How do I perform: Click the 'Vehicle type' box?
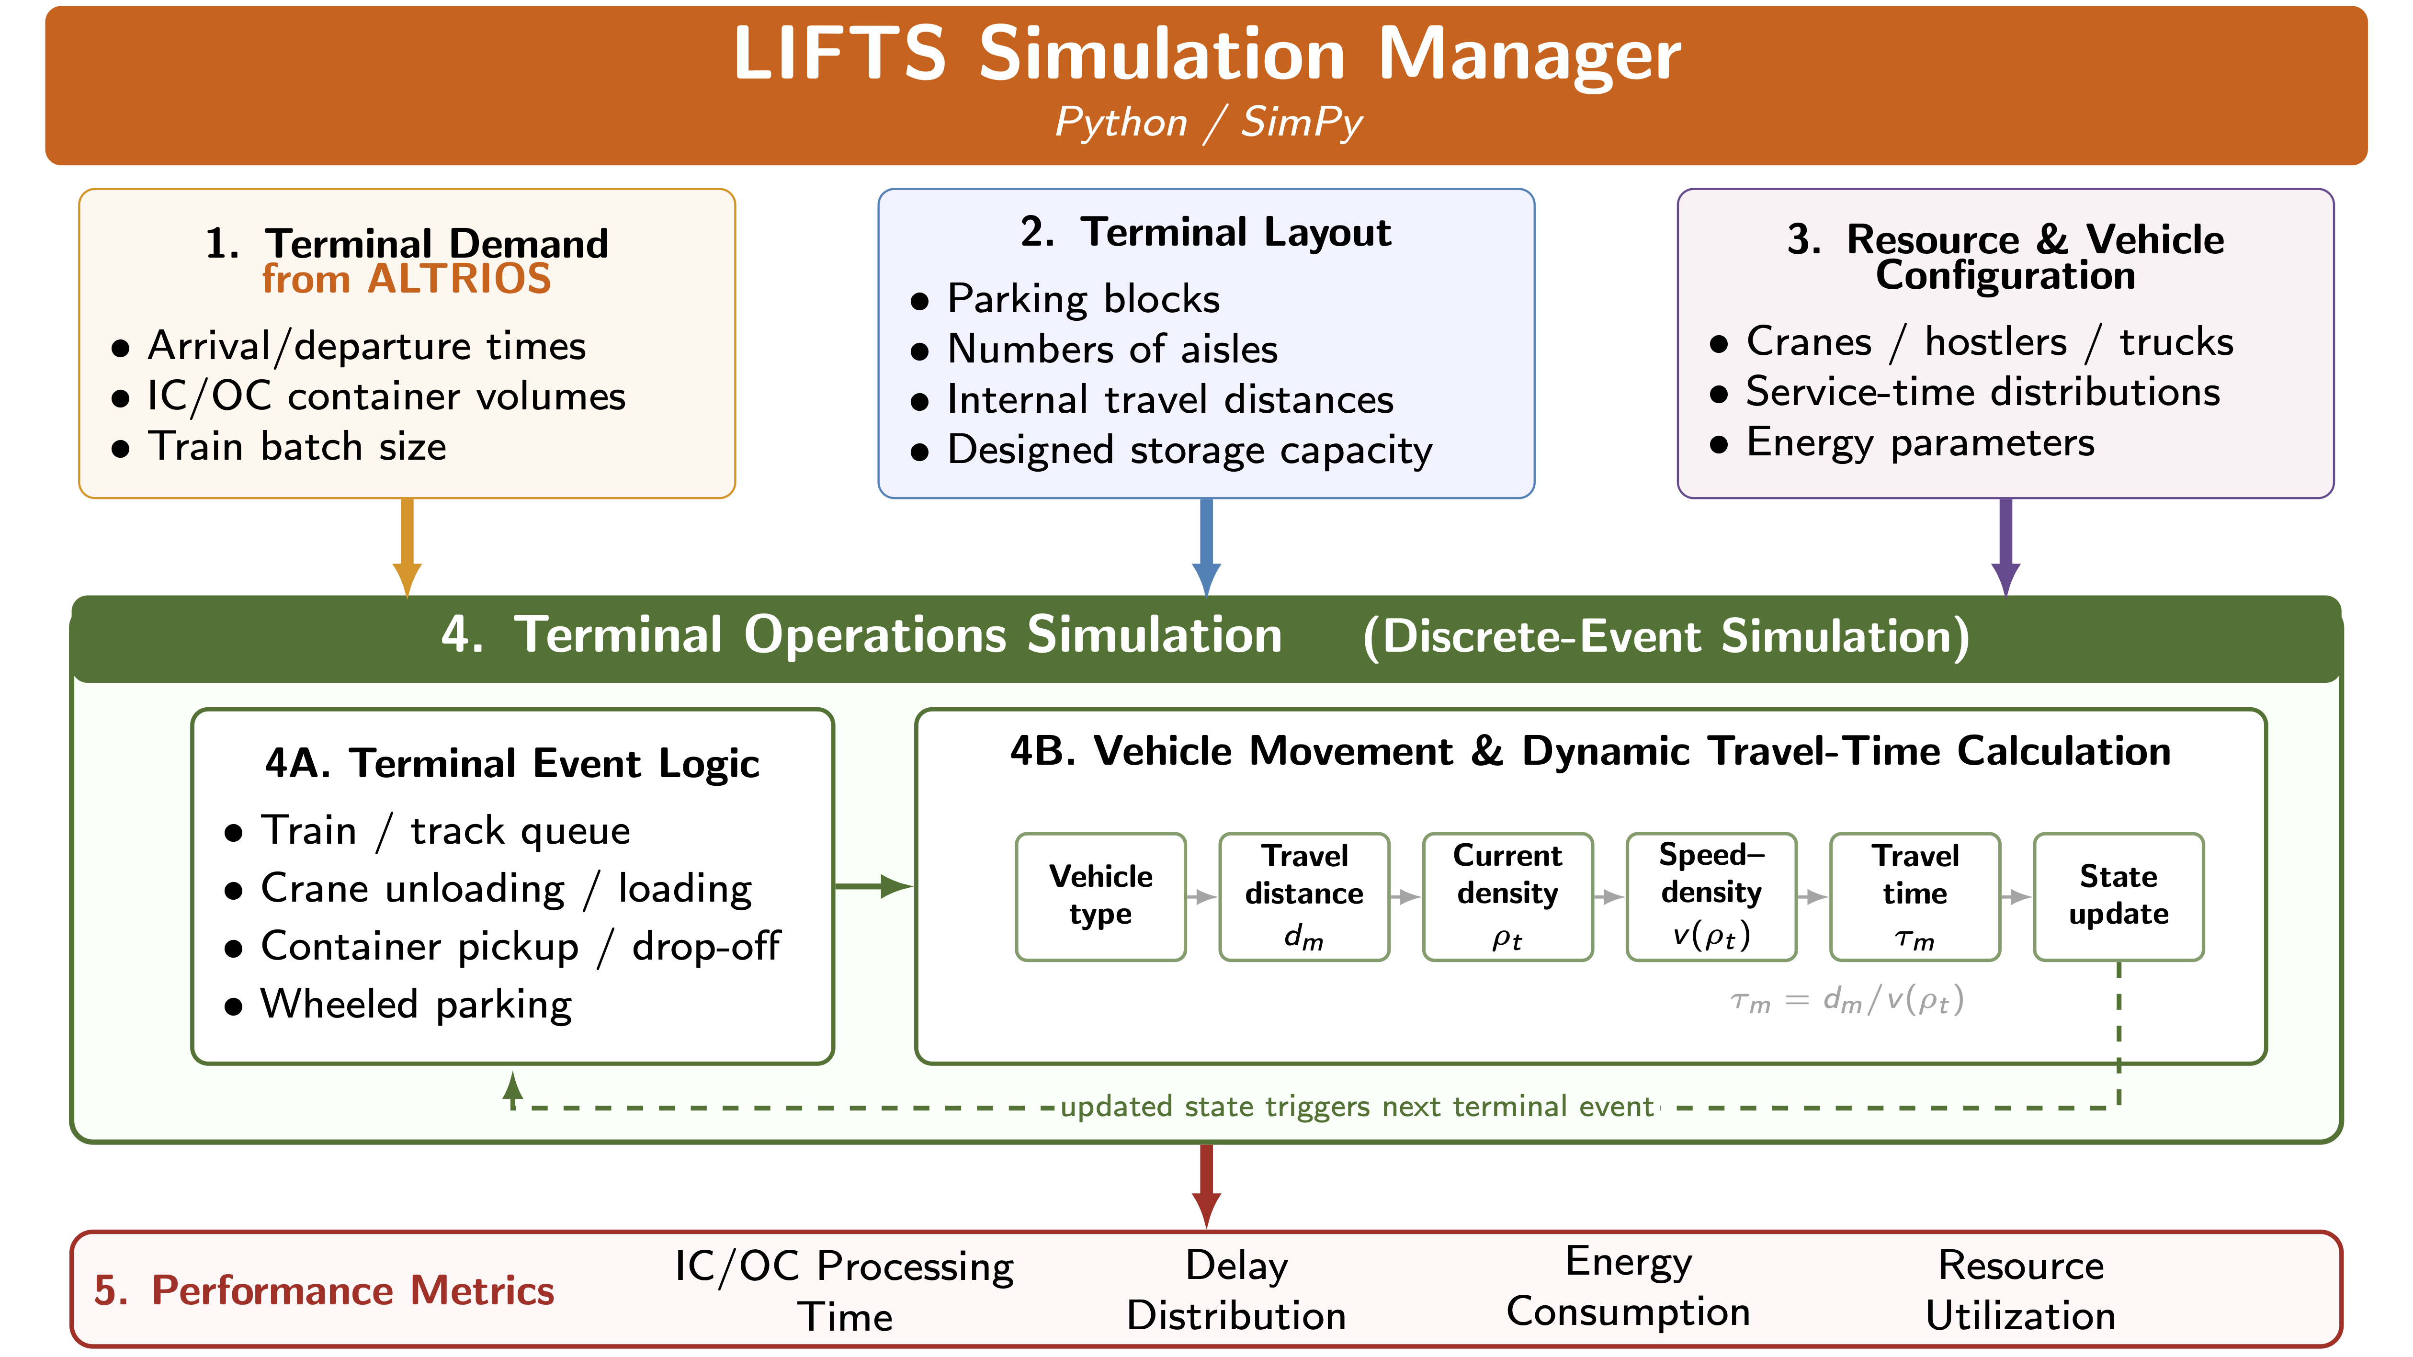1100,896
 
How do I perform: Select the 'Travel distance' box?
1304,896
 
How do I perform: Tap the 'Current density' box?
1507,896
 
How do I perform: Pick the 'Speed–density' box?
1711,896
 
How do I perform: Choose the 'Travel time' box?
1915,896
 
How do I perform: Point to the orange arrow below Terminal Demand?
407,547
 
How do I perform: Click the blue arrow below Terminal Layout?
1207,547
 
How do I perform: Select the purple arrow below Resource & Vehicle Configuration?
2005,547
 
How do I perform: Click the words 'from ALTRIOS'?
407,279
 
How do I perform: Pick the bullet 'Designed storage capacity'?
1190,451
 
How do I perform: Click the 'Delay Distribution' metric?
1236,1290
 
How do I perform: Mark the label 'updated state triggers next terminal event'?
1356,1107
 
